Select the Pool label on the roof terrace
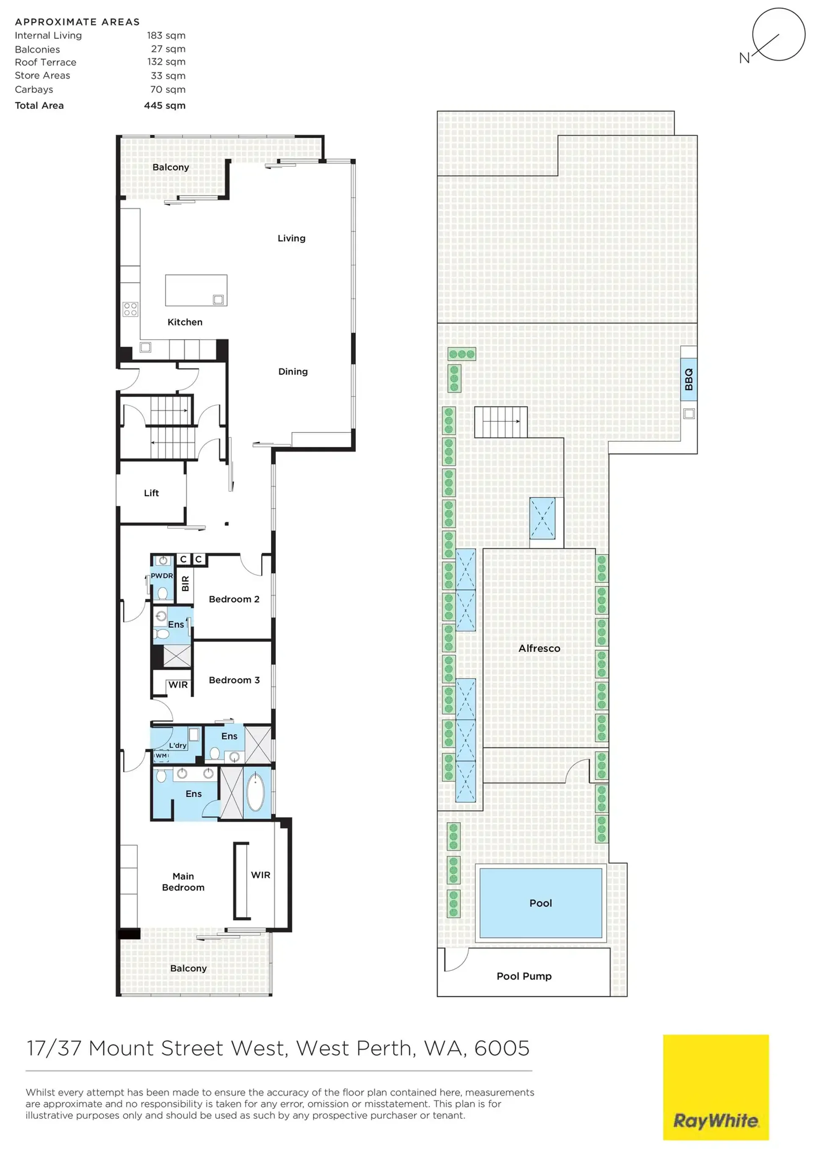click(541, 903)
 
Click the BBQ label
click(689, 379)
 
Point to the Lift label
click(151, 493)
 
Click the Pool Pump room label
click(524, 976)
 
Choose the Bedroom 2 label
click(234, 599)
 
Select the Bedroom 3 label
click(234, 680)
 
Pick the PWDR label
click(162, 576)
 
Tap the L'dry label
click(178, 745)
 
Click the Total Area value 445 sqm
click(165, 106)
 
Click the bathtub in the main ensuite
click(255, 792)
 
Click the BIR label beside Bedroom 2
click(185, 583)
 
